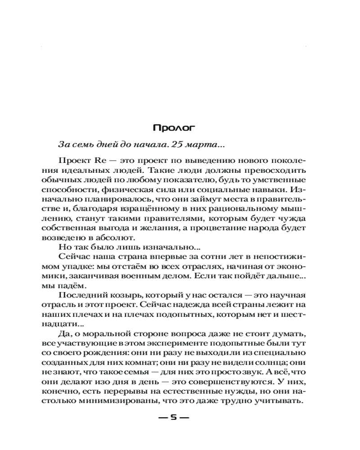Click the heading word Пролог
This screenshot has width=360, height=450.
point(174,128)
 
